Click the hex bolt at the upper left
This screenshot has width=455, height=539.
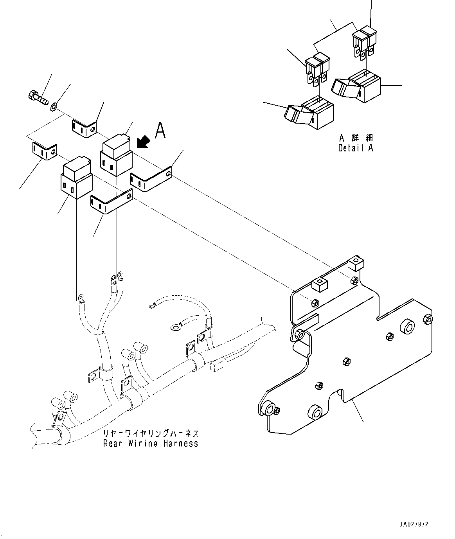coord(38,97)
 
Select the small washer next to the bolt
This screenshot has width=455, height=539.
coord(54,106)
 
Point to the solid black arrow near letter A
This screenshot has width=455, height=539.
coord(143,142)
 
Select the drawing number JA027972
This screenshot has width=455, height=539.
coord(414,516)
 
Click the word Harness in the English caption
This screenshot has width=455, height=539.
coord(181,444)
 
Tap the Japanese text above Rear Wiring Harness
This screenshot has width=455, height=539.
coord(151,433)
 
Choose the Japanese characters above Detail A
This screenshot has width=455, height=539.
coord(356,138)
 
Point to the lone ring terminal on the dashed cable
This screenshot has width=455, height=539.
coord(175,327)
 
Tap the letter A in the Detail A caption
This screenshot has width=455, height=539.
coord(370,148)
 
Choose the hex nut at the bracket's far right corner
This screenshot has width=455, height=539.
coord(428,319)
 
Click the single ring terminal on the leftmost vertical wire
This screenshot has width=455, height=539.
coord(81,297)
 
